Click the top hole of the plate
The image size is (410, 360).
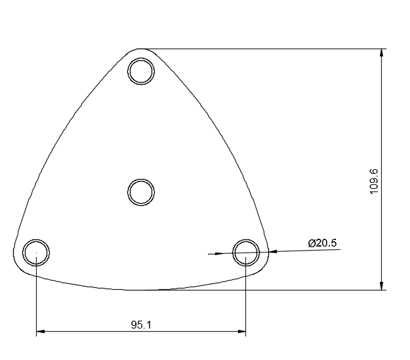pos(141,71)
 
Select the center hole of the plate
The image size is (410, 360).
pos(140,193)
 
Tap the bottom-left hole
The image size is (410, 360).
pos(36,252)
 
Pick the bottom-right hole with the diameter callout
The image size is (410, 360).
pos(246,251)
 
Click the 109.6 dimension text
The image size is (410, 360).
pos(374,181)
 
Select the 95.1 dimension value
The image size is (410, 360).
pos(141,325)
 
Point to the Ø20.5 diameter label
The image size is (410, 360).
pos(322,243)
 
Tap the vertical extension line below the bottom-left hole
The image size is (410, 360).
pos(36,302)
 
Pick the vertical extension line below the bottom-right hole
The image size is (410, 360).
pos(246,302)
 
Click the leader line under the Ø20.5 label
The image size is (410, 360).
pos(308,250)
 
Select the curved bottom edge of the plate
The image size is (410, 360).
pos(141,289)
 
